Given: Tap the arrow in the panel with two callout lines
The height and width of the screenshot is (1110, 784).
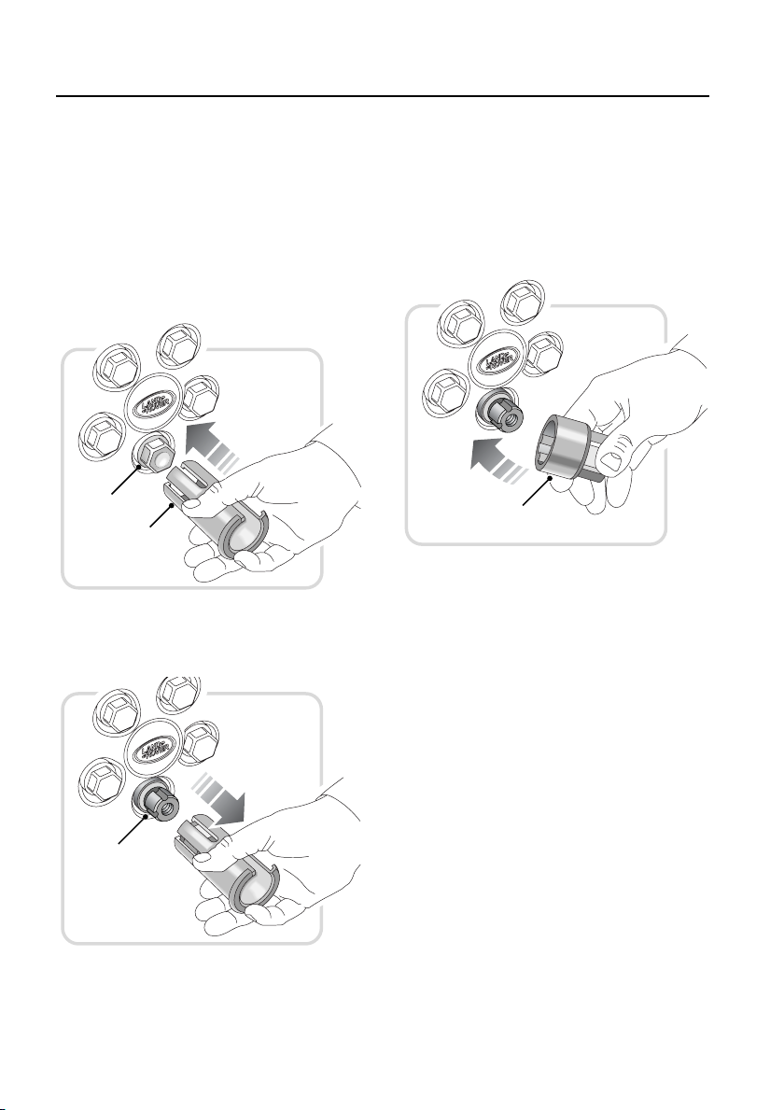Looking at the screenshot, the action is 211,447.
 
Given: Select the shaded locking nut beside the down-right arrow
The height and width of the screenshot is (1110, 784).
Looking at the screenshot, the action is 156,802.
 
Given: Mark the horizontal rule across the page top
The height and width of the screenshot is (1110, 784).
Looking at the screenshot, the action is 383,96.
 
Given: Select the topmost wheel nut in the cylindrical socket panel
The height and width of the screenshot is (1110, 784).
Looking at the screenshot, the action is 525,301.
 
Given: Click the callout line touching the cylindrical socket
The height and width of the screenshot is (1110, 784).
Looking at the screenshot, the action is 537,491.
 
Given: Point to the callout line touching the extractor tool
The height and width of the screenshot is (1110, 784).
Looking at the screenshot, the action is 161,514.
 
